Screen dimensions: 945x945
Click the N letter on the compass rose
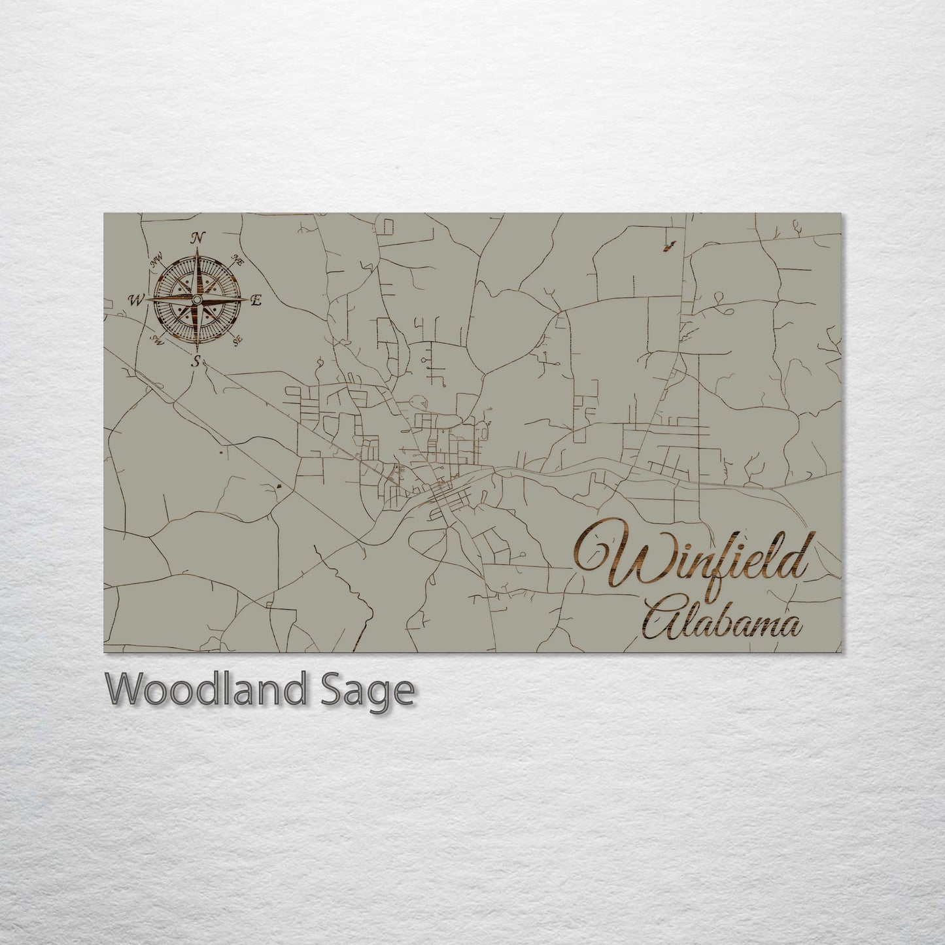click(196, 238)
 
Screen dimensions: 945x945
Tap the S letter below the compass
click(196, 361)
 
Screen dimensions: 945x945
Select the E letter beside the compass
click(256, 300)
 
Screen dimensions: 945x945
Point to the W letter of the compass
click(137, 300)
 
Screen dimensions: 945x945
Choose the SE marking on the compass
click(238, 338)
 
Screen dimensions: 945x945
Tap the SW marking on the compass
click(157, 339)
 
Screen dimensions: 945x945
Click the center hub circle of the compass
click(196, 300)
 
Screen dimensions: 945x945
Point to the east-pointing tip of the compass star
click(247, 300)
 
